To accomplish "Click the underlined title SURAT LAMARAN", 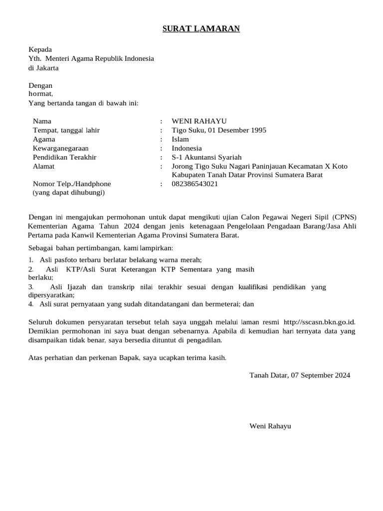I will (201, 29).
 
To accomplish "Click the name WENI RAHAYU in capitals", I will (199, 121).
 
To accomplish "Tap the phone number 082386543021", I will (194, 184).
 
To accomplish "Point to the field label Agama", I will (44, 139).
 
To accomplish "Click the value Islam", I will (180, 139).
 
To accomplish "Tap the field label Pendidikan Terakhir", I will (64, 157).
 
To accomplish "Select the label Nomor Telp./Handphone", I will (72, 184).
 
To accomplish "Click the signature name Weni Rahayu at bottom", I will (270, 426).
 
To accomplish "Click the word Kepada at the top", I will (40, 49).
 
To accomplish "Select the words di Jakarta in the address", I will (43, 67).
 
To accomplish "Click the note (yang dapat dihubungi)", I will (69, 193).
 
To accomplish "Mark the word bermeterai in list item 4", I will (221, 303).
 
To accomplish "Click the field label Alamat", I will (43, 166).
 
